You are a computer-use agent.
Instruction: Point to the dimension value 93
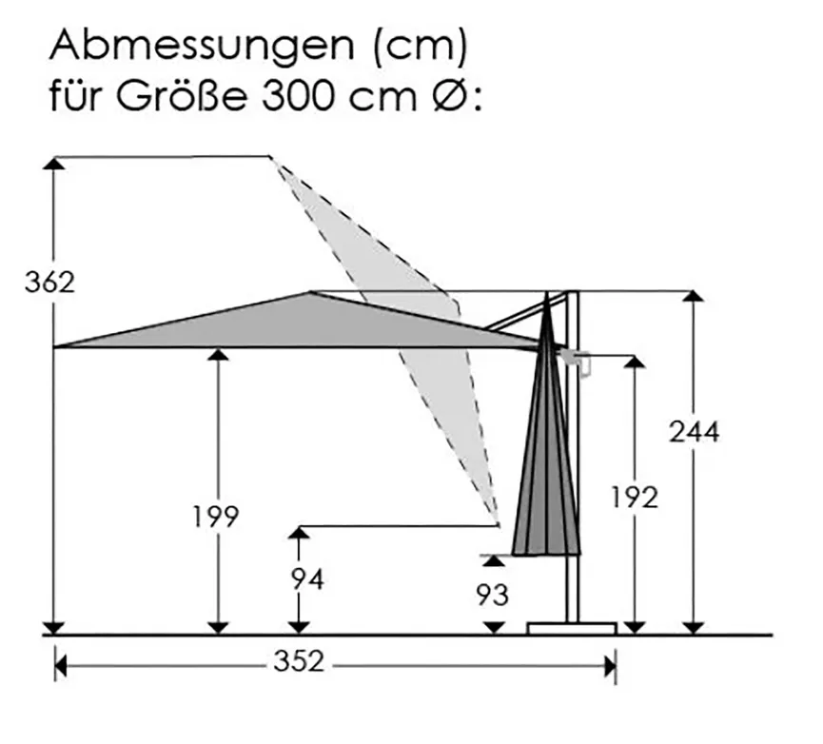coord(493,595)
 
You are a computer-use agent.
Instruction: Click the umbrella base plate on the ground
coord(572,627)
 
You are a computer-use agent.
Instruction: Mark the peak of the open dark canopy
coord(311,292)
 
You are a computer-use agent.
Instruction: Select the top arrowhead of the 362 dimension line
coord(55,163)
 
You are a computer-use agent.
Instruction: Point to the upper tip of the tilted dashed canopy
coord(272,157)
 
